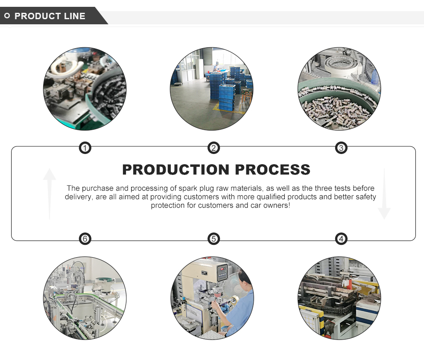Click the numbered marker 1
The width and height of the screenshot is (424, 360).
(x=85, y=148)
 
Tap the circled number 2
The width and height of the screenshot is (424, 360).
(x=213, y=148)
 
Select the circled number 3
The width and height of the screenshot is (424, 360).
(x=341, y=148)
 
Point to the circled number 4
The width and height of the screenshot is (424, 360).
(x=341, y=239)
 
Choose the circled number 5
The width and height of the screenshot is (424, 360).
(x=213, y=239)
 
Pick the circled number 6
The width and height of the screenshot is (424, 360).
(x=85, y=239)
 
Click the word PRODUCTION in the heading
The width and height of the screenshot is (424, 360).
(x=176, y=170)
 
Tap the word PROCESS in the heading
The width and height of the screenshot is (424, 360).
(x=272, y=170)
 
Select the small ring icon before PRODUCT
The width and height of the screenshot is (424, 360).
(x=7, y=16)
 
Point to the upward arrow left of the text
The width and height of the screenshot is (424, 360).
(x=50, y=194)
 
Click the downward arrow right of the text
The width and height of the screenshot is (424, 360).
(x=384, y=194)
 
